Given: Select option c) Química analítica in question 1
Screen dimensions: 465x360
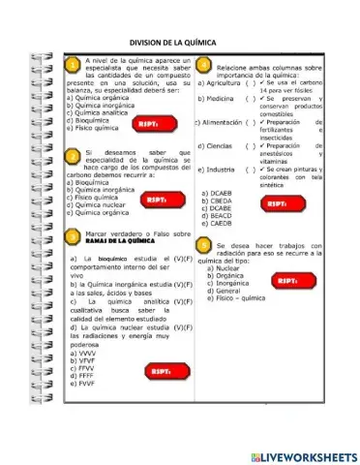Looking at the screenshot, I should click(99, 112).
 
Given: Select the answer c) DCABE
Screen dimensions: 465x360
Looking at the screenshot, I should click(217, 208).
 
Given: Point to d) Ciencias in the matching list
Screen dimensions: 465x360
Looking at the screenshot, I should click(219, 146).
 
